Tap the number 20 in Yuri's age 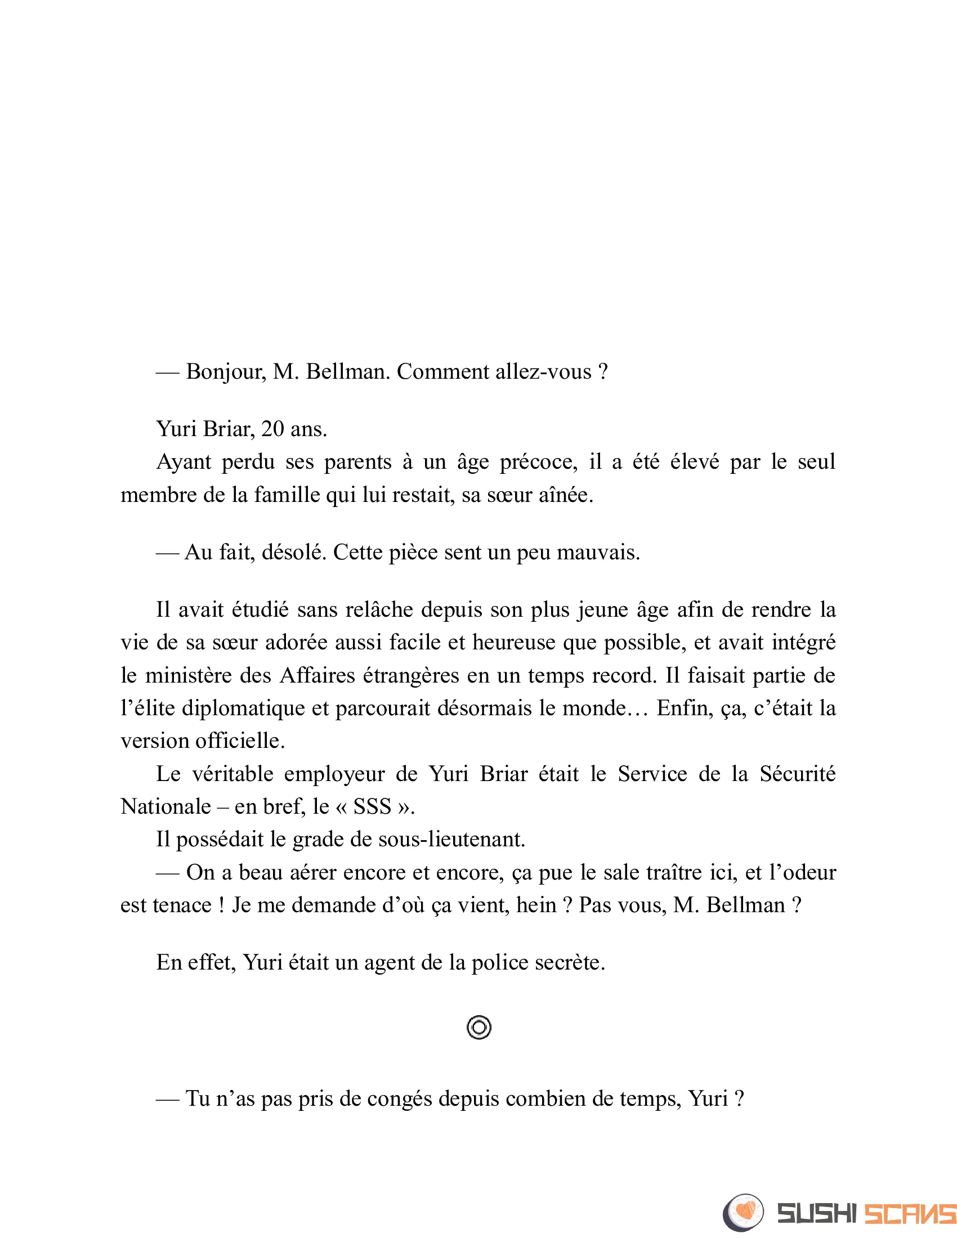click(x=272, y=429)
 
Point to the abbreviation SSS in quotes click(x=372, y=807)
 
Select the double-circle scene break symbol click(x=479, y=1027)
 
